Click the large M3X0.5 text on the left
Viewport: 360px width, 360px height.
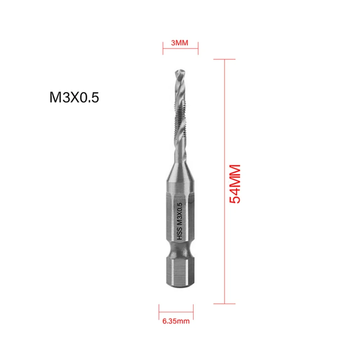pos(74,98)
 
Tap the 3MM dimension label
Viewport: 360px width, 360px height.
pos(180,43)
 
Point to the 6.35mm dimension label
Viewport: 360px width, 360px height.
pos(176,321)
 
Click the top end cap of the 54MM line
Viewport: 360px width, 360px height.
pos(224,59)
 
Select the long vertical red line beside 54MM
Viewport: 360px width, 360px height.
pos(224,144)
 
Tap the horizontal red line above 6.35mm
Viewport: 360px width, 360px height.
pos(176,311)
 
